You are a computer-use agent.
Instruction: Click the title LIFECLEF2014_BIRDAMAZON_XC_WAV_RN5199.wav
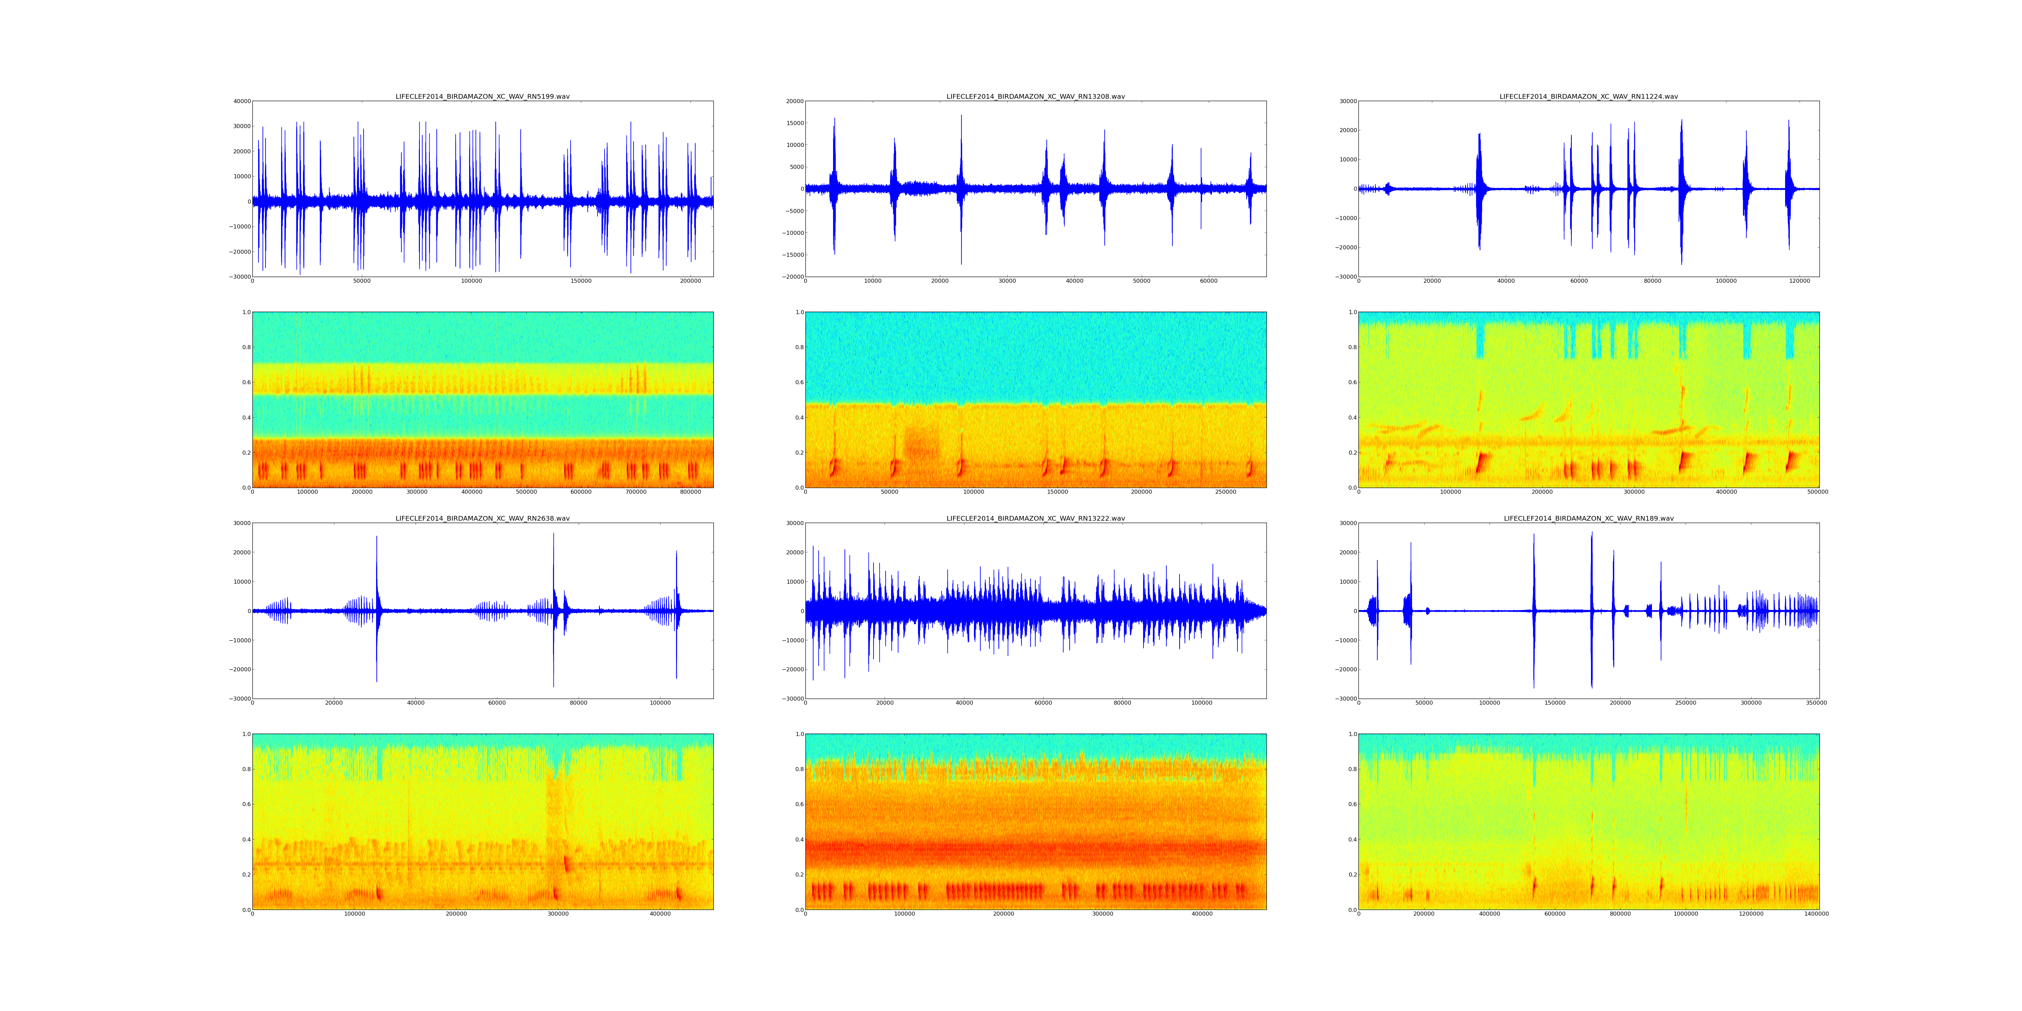[482, 96]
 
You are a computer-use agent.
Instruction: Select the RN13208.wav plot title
[1035, 96]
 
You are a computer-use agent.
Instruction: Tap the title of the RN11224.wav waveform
[1588, 96]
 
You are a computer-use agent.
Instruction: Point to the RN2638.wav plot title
[482, 519]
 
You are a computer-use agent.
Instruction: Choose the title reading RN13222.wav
[1035, 519]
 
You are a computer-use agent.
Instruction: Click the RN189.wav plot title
[1588, 519]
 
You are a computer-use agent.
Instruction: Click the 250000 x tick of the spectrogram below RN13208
[1225, 492]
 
